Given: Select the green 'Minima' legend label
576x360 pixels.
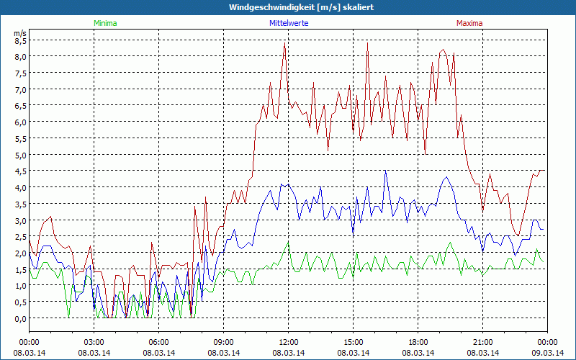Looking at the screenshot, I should point(105,23).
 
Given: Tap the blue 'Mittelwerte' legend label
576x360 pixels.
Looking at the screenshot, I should point(288,23).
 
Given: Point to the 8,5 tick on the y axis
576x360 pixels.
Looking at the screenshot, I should point(20,40).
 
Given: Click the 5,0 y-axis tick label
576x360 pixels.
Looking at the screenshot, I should point(20,155).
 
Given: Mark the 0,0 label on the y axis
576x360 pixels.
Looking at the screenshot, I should point(20,318).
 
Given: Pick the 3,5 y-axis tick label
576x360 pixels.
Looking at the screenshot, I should point(20,204).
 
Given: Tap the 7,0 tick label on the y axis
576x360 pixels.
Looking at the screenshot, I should point(20,89).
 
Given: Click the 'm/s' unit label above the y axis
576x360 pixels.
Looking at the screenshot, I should point(19,32).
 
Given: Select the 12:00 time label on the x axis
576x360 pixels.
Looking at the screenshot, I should point(288,342).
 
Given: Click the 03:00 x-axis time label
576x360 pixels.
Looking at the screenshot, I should point(94,342).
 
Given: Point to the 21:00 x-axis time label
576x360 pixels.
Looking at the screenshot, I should point(482,342).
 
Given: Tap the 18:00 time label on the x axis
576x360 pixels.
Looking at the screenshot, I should point(418,342).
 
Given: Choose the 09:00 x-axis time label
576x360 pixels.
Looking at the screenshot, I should point(223,342).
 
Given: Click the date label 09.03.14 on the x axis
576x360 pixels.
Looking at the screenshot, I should point(547,352).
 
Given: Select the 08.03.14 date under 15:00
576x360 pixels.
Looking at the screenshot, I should point(353,352).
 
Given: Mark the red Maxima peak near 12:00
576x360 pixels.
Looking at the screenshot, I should point(285,45).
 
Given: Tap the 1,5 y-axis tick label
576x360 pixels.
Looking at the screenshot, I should point(20,269).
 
